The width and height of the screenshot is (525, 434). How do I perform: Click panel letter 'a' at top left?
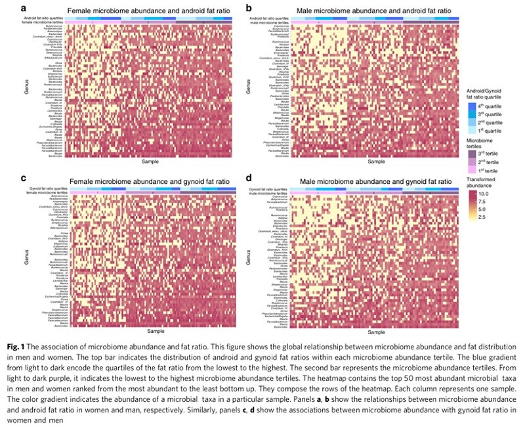coord(23,8)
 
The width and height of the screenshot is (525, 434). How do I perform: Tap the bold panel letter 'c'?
coord(23,178)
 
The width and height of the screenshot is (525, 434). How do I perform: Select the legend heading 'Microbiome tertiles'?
coord(482,143)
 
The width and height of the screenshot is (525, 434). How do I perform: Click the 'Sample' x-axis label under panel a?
coord(149,161)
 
